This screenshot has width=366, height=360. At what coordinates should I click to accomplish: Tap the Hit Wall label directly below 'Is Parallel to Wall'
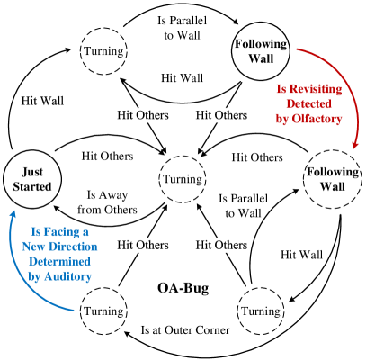(182, 78)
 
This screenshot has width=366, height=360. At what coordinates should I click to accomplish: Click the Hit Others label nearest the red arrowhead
(257, 157)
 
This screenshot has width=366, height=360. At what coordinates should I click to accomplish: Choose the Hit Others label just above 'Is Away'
(107, 156)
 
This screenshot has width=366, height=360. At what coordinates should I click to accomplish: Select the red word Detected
(308, 104)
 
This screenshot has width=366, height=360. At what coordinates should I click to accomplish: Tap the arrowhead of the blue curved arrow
(13, 214)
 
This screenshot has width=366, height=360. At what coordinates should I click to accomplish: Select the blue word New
(34, 246)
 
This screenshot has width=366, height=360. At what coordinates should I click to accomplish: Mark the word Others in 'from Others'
(120, 210)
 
